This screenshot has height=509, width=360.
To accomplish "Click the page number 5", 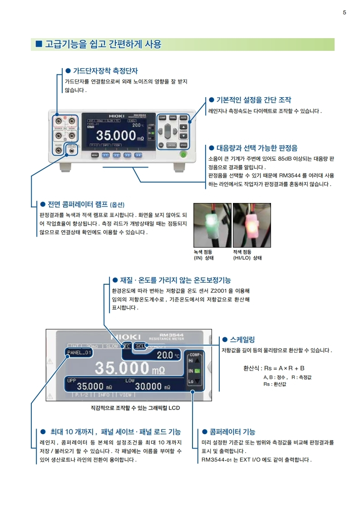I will coord(344,12).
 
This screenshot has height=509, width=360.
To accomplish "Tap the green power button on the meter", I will coord(183,154).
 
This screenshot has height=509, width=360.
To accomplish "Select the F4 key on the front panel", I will coord(138,155).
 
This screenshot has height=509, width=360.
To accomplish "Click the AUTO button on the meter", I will coord(183,118).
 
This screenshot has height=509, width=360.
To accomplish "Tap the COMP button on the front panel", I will coord(162,118).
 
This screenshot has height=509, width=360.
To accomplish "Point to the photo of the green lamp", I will coord(212,224).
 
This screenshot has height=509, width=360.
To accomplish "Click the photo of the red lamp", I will coord(252,224).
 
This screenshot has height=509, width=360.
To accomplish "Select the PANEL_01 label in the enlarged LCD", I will coord(79,352).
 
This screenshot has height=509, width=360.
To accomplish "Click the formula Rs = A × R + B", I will coord(274,368).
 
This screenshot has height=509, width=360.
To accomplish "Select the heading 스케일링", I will coord(242,339).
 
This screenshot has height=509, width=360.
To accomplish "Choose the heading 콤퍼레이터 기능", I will coord(232,431).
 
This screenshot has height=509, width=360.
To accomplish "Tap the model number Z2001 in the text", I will coord(220,291).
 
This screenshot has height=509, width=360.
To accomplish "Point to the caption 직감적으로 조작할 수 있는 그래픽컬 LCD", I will coord(135,408).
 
